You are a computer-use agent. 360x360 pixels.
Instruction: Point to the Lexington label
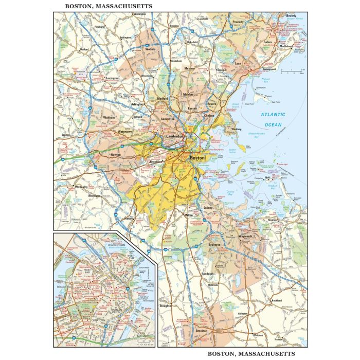(112, 78)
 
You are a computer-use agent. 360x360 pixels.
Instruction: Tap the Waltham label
(109, 117)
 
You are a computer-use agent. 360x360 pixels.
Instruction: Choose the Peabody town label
(238, 22)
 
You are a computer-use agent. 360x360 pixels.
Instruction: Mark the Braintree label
(214, 245)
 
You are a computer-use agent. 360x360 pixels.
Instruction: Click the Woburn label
(151, 49)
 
